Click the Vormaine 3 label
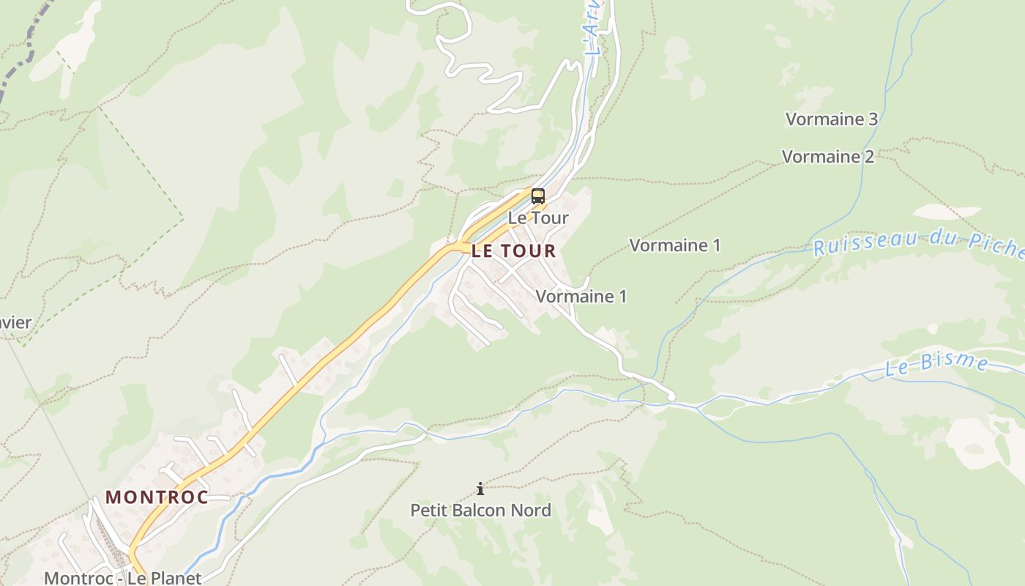coord(831,119)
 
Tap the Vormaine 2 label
coord(827,157)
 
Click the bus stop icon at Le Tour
coord(538,196)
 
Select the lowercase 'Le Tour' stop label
coord(538,218)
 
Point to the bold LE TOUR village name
coord(513,251)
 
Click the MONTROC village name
coord(157,497)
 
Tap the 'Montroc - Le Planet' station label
coord(122,578)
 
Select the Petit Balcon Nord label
coord(480,510)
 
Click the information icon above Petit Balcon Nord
coord(480,489)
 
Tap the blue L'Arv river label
coord(594,29)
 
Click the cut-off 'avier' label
coord(16,322)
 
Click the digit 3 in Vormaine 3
coord(871,119)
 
